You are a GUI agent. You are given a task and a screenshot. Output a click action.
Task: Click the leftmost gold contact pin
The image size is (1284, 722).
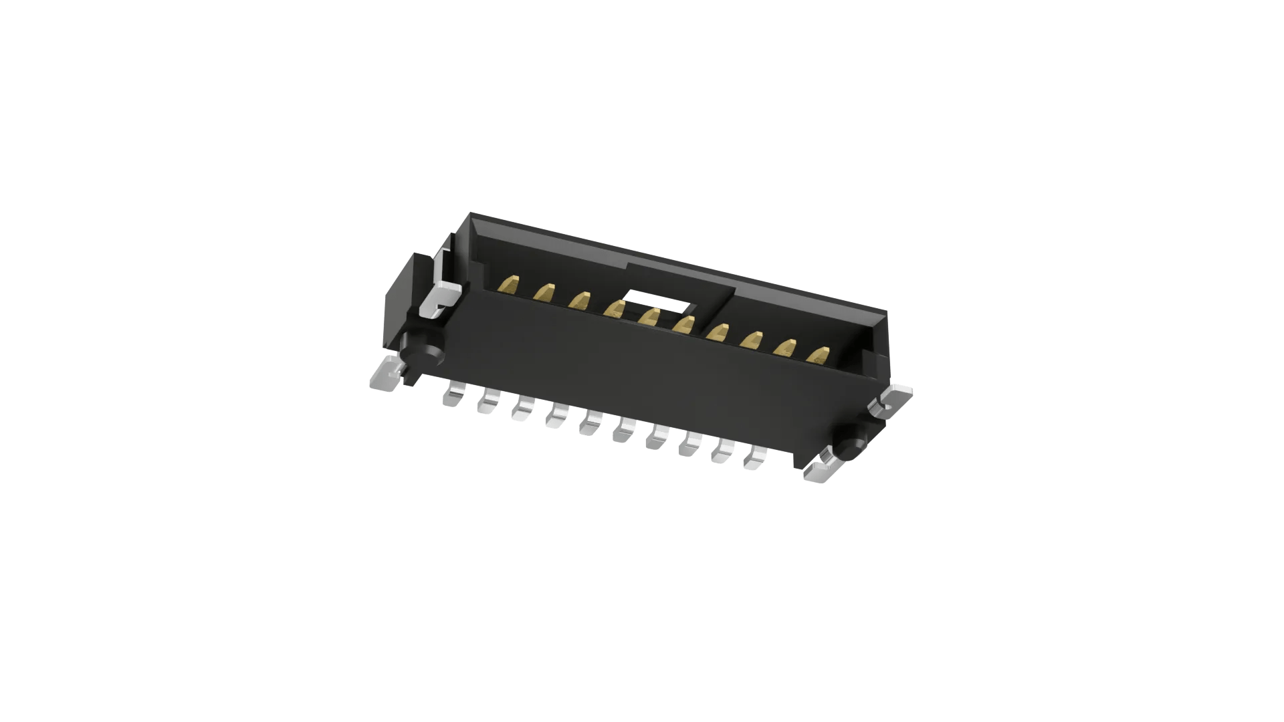coord(510,285)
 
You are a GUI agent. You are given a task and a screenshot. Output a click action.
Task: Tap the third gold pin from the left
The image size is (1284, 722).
coord(579,300)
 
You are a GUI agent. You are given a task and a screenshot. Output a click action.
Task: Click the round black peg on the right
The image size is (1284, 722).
coord(852,441)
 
